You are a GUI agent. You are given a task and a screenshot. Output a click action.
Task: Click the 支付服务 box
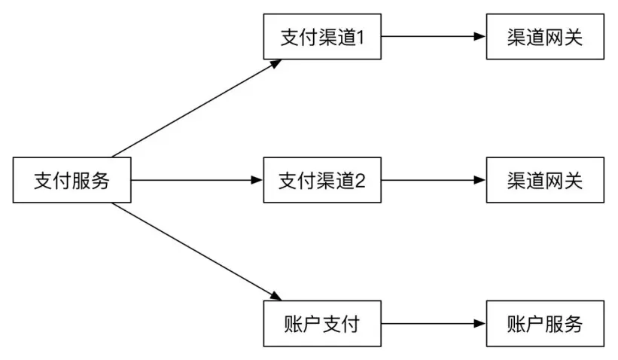[72, 181]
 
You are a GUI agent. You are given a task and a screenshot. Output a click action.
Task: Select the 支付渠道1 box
[322, 36]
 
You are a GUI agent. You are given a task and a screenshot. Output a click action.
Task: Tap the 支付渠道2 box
[322, 181]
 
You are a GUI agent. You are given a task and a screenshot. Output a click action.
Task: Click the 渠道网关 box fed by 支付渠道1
[545, 36]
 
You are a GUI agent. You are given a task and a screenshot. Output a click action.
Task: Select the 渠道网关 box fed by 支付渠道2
[545, 181]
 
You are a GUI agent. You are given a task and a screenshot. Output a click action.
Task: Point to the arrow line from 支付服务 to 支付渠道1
[196, 108]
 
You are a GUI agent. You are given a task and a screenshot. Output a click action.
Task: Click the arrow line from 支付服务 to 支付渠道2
[196, 181]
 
